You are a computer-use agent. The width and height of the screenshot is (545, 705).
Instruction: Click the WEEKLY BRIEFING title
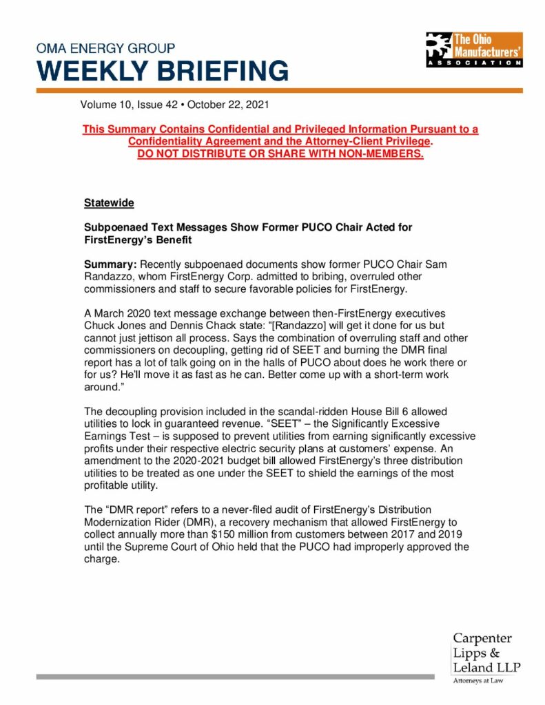(163, 71)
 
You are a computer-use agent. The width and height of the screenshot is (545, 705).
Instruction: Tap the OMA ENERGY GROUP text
(106, 48)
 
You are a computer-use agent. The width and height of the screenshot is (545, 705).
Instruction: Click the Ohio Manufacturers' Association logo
(473, 49)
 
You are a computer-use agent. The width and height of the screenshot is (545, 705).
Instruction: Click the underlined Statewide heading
(109, 203)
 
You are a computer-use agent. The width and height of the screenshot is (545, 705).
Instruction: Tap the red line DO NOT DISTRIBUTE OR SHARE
(280, 153)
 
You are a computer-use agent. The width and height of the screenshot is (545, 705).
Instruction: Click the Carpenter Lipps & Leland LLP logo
(486, 652)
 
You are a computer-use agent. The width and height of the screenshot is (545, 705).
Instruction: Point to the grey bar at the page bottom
(235, 677)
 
